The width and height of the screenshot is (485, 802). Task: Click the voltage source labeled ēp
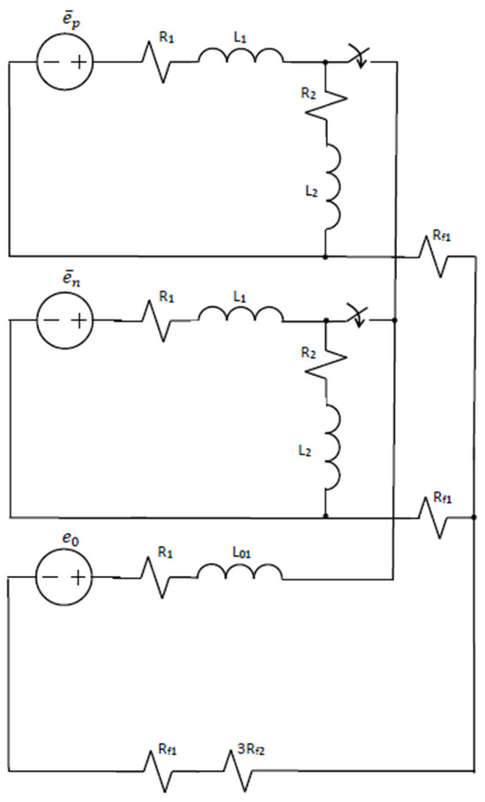coord(64,62)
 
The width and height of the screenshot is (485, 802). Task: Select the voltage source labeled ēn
coord(64,320)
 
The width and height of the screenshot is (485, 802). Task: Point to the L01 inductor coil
coord(240,573)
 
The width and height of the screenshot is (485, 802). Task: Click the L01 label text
coord(242,552)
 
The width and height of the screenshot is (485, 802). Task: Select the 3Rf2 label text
coord(252,751)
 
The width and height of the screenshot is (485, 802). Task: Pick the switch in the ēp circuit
coord(358,58)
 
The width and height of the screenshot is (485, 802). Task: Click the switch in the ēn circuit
coord(358,316)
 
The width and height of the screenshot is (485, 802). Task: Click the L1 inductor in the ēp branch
coord(241,56)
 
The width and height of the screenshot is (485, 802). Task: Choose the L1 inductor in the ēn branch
coord(241,314)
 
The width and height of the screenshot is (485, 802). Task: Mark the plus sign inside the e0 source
coord(77,578)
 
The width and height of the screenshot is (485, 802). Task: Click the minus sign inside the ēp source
coord(50,63)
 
